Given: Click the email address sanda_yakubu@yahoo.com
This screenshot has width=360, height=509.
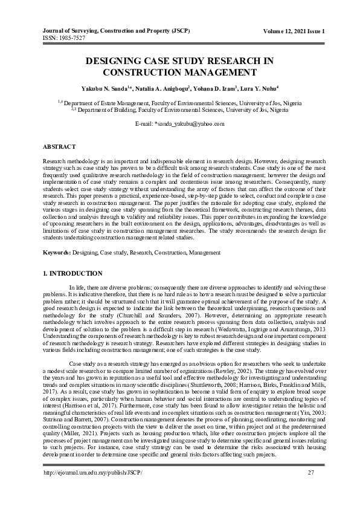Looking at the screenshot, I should tap(193, 123).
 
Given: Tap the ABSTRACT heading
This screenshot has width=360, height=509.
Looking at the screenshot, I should tap(59, 147).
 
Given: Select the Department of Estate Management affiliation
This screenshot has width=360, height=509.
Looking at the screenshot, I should tap(182, 103).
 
